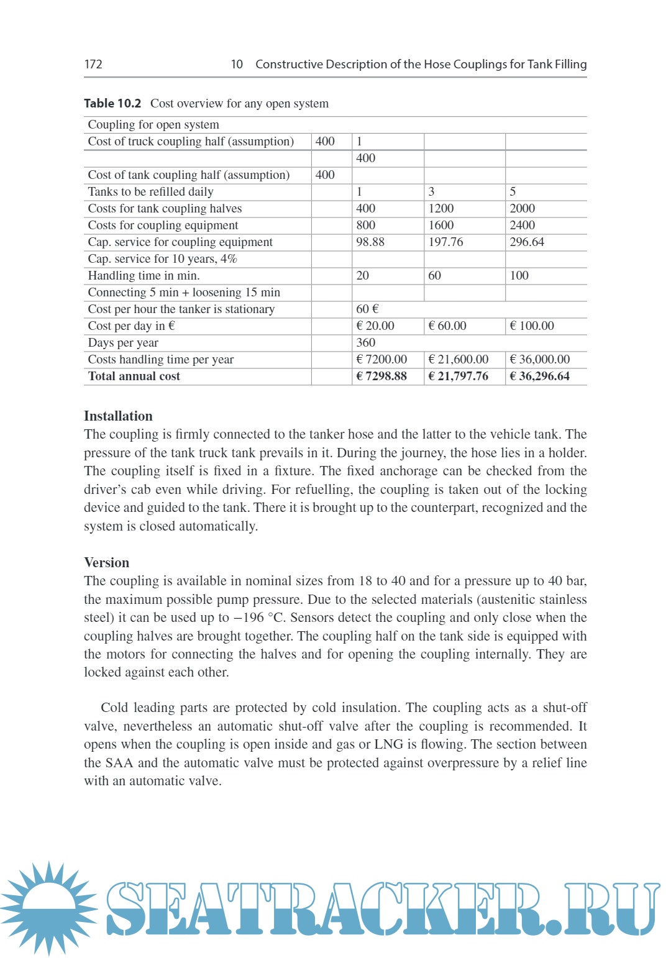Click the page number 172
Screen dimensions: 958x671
coord(93,64)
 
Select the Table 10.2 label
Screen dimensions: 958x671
coord(112,103)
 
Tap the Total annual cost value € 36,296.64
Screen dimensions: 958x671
coord(539,376)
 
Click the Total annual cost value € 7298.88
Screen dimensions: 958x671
coord(381,376)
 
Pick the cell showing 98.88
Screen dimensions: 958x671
coord(370,242)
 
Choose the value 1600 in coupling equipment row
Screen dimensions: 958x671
coord(441,225)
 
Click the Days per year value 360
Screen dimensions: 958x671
coord(366,342)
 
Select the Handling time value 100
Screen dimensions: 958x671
coord(519,275)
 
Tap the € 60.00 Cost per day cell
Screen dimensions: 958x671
coord(447,326)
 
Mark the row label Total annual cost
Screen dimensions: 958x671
coord(134,376)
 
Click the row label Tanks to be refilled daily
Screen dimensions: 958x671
coord(150,191)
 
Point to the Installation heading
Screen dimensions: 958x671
coord(118,416)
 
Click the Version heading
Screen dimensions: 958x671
coord(107,563)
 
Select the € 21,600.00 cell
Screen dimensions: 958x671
coord(459,359)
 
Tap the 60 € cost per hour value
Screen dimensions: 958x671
coord(367,309)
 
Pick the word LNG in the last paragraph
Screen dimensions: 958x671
coord(388,744)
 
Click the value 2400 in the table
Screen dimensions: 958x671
coord(523,225)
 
